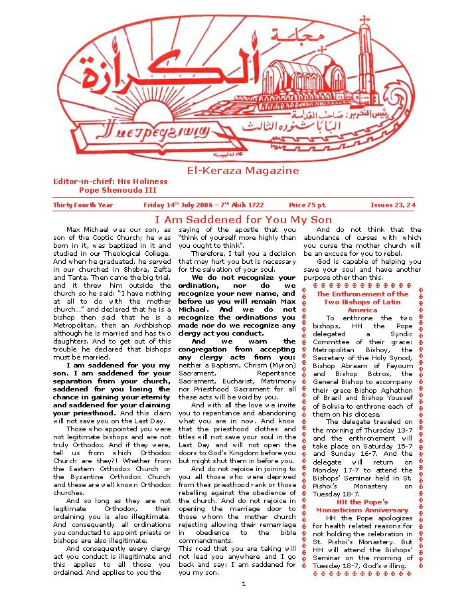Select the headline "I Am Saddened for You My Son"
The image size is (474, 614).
point(243,220)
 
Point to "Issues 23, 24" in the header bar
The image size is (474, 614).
point(392,205)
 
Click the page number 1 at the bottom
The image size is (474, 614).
point(243,584)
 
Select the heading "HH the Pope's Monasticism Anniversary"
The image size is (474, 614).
point(362,506)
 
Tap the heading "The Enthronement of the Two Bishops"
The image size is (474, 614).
point(362,302)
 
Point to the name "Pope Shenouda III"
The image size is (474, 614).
point(118,189)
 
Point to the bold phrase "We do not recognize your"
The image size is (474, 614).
point(243,278)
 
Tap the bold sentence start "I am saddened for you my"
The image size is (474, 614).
point(118,365)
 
